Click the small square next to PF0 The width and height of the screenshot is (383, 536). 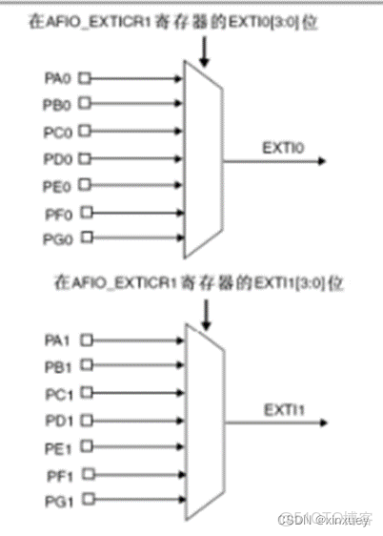(x=86, y=211)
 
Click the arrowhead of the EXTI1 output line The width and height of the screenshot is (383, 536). (x=327, y=423)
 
